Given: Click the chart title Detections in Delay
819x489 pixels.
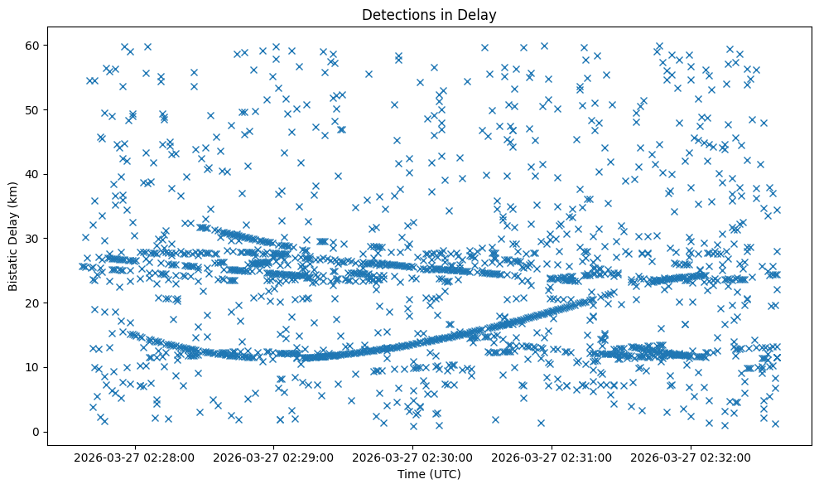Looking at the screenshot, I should (x=429, y=14).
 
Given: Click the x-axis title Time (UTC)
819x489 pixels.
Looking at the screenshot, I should (x=429, y=475).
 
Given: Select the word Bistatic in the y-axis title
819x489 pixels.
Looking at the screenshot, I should (x=13, y=267).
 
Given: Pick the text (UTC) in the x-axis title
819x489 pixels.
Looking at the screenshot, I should (x=445, y=475).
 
